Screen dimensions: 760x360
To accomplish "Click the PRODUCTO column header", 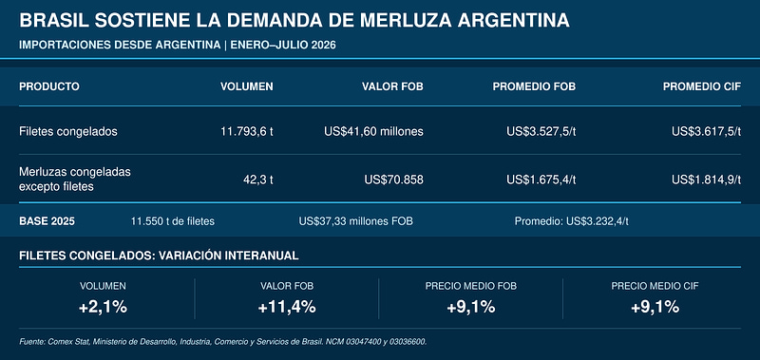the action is pos(49,86).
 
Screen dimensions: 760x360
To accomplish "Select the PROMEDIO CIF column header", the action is pos(702,86).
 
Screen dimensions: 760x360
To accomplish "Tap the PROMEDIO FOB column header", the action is pos(534,86).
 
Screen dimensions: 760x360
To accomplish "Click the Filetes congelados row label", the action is pos(67,132).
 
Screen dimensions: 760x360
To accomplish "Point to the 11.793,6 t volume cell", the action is pos(247,131).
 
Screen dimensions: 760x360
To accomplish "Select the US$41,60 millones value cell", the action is pos(373,131).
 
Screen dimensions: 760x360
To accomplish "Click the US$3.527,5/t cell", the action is pos(541,131).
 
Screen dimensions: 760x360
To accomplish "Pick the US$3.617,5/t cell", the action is pos(706,131).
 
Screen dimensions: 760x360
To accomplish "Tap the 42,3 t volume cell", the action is pos(258,180).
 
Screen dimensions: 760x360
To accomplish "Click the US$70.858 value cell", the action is pos(393,180).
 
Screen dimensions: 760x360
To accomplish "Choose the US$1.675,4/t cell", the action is pos(541,180).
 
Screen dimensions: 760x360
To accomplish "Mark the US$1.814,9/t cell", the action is pos(706,180).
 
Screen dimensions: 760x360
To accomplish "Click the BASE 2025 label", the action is pos(47,221).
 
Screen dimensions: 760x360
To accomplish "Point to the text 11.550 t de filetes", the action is pos(173,221).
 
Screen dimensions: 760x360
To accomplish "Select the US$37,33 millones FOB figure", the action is pos(355,221).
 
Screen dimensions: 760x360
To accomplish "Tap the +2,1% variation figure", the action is pos(103,307).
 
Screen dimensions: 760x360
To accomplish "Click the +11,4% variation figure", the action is pos(287,307).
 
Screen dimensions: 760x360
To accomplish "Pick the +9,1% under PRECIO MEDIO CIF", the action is pos(655,307).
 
